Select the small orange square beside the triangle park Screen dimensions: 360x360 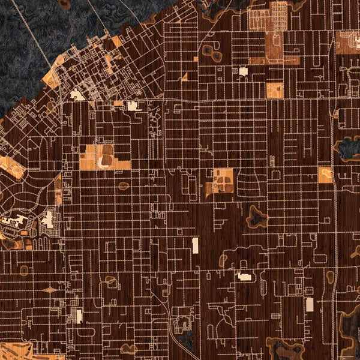pos(196,59)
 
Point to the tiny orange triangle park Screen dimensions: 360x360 pos(184,77)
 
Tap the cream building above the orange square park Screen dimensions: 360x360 pos(243,71)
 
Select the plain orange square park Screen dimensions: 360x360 pos(274,90)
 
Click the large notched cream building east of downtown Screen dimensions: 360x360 pos(133,106)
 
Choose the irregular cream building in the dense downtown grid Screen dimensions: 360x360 pos(77,95)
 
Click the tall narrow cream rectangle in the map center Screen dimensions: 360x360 pos(195,245)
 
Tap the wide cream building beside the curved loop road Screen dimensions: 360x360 pos(244,277)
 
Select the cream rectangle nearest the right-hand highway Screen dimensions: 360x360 pos(310,304)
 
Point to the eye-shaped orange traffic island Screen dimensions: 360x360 pos(49,290)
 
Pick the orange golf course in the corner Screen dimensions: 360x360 pos(18,352)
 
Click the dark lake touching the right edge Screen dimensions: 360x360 pos(349,148)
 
